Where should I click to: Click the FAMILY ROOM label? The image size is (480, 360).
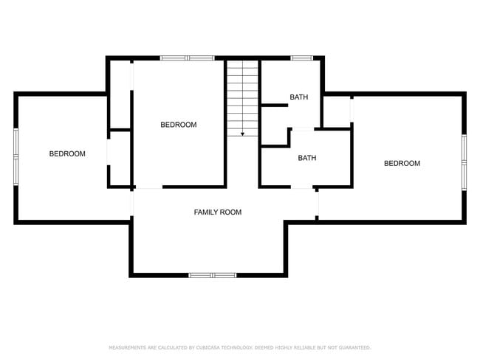(x=217, y=212)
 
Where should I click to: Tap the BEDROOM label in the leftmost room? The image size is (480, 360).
(x=67, y=154)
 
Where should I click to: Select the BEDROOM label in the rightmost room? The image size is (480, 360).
(x=402, y=164)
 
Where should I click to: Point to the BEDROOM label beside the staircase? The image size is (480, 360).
(x=179, y=125)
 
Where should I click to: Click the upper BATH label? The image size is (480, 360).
(x=298, y=97)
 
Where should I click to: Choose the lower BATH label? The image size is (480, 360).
(x=307, y=158)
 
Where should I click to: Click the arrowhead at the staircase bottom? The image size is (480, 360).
(x=243, y=134)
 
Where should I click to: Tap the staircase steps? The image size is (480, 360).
(x=243, y=96)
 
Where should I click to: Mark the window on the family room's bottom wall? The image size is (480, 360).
(x=213, y=275)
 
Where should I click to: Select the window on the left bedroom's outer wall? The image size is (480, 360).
(x=16, y=155)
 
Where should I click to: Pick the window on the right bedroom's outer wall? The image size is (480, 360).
(x=464, y=161)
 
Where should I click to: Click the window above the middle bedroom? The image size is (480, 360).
(x=187, y=58)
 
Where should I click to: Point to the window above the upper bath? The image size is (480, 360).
(x=301, y=58)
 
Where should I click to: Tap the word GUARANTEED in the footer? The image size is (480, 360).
(x=354, y=347)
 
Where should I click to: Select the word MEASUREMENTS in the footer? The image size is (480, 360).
(x=126, y=347)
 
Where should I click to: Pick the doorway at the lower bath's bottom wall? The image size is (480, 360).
(x=301, y=187)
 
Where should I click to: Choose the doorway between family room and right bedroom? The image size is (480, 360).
(x=317, y=202)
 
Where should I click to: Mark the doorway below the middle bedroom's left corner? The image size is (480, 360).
(x=148, y=187)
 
